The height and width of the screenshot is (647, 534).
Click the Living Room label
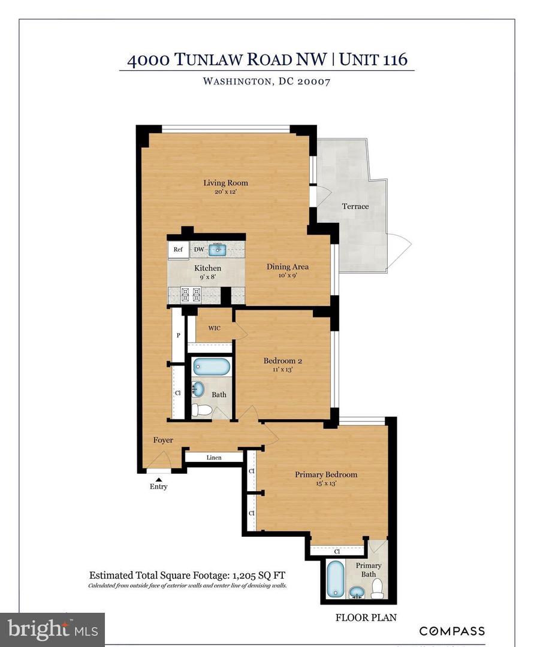coord(225,183)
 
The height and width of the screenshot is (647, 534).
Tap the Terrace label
coord(355,206)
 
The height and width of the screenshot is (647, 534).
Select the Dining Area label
coord(288,267)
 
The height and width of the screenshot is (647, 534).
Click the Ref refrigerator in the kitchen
coord(178,250)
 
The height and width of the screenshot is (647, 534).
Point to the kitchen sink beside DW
coord(219,249)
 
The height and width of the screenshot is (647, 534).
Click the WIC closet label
coord(215,328)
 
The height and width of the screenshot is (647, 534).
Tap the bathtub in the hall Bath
coord(211,366)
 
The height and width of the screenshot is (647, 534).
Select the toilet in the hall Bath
coord(202,410)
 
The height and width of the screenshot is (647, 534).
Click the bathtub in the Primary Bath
coord(336,579)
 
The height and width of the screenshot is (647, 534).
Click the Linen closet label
coord(214,458)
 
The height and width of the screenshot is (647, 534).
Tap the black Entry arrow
coord(159,477)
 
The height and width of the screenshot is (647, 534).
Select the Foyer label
coord(163,440)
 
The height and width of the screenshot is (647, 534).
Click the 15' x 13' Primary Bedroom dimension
coord(325,484)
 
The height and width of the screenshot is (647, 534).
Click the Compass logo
coord(451,631)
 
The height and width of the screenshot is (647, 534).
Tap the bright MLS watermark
coord(53,629)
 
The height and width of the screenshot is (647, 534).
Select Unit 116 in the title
coord(373,59)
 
